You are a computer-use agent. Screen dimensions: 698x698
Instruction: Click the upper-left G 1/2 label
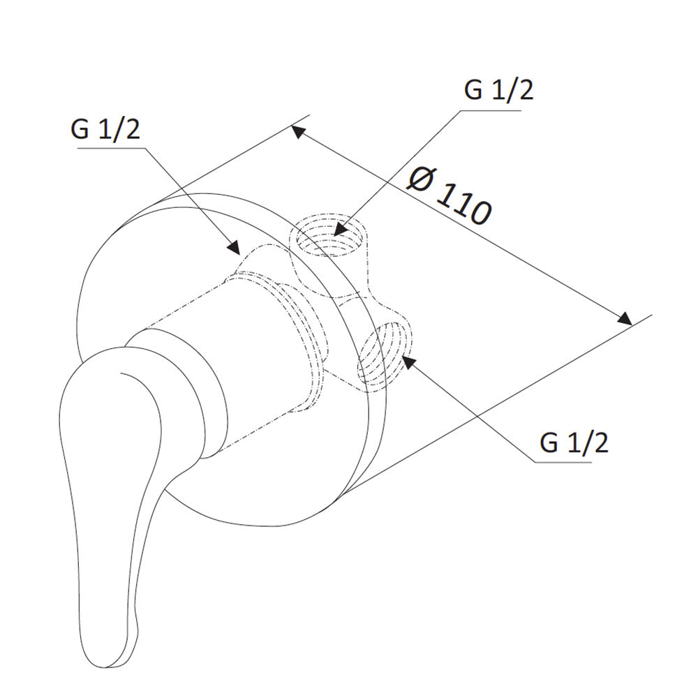click(105, 130)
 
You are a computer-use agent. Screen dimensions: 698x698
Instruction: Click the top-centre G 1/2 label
click(498, 90)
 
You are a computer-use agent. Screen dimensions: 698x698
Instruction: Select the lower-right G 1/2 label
click(574, 443)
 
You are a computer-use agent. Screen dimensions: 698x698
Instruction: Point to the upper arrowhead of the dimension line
click(298, 132)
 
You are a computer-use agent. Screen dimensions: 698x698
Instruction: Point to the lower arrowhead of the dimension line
click(624, 318)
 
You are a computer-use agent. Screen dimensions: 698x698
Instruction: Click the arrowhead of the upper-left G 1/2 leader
click(233, 247)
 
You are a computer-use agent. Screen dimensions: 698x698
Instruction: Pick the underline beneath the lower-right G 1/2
click(563, 461)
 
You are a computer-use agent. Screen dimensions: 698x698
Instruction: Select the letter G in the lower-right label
click(549, 443)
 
